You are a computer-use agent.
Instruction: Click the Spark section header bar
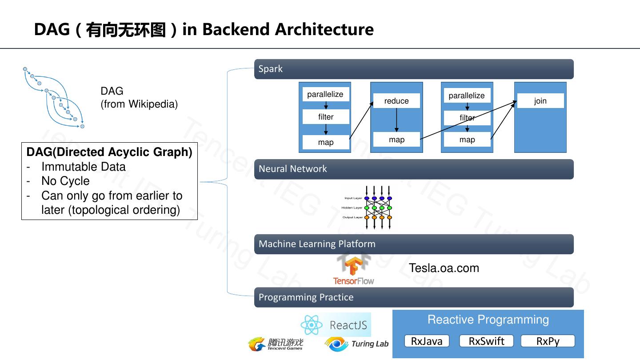click(413, 69)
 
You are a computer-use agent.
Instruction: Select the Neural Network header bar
click(413, 169)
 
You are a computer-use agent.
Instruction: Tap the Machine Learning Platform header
click(413, 244)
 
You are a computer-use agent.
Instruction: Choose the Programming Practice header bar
click(413, 297)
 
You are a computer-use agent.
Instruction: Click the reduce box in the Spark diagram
click(396, 101)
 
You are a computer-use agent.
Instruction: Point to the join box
click(540, 101)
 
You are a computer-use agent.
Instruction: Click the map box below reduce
click(396, 140)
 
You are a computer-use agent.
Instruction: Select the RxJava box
click(427, 341)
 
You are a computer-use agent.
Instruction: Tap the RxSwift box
click(486, 341)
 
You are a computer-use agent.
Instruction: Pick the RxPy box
click(548, 341)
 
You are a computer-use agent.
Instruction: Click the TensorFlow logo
click(354, 270)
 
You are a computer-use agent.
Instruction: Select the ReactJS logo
click(336, 325)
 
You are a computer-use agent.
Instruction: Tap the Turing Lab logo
click(357, 344)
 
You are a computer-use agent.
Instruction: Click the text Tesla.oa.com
click(444, 268)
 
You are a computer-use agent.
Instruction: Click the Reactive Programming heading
click(488, 320)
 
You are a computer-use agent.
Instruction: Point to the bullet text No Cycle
click(65, 181)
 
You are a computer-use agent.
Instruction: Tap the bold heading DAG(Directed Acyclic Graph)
click(109, 152)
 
